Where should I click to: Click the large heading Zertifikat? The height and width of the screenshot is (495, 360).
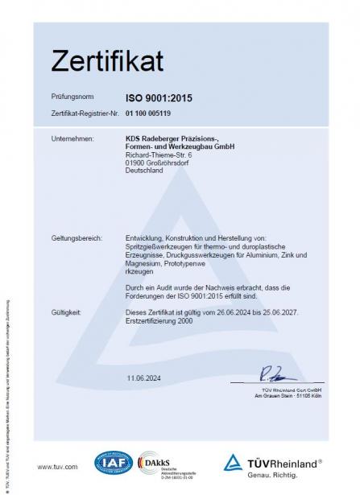pyautogui.click(x=107, y=60)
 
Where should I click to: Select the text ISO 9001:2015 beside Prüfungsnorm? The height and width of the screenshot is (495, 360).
pyautogui.click(x=158, y=98)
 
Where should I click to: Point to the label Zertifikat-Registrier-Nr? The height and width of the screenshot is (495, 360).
pyautogui.click(x=84, y=115)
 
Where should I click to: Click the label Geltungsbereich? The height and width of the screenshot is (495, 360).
pyautogui.click(x=78, y=216)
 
